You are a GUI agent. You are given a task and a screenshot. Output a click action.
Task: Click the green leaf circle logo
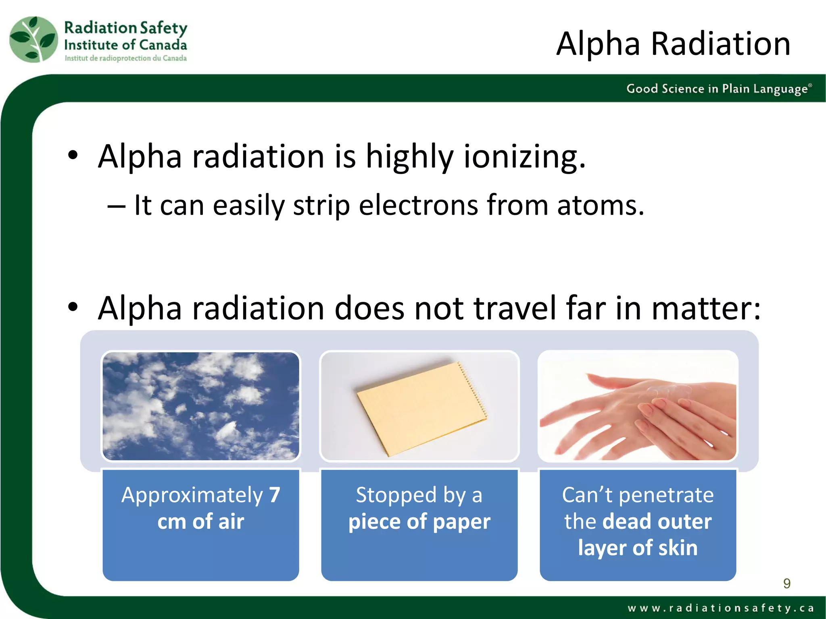34,39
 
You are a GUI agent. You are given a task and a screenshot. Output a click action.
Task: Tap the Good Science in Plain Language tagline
718,89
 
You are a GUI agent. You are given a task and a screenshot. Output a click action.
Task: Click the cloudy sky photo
200,406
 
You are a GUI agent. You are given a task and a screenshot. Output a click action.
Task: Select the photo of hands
638,406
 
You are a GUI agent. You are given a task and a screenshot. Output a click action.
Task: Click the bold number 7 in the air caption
275,495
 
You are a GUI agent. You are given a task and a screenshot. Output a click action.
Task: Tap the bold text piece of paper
419,521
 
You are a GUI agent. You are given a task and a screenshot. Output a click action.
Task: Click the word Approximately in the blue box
192,495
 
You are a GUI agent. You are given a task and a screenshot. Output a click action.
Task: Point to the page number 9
786,583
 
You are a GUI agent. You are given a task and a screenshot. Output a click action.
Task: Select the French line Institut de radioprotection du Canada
125,58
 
